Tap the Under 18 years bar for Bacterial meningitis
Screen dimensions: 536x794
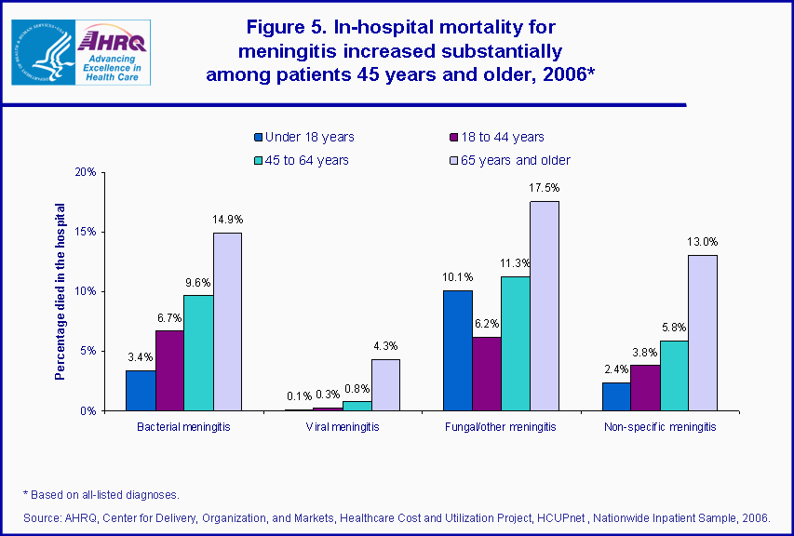141,390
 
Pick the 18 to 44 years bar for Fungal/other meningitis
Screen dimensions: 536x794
487,373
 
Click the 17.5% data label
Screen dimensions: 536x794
545,188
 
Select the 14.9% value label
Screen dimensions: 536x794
227,220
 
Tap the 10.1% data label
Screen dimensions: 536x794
457,276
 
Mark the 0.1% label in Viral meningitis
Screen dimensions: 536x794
299,395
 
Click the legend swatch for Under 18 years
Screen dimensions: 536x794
258,138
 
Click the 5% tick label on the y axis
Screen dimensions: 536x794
87,351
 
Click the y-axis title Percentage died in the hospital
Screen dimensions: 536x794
61,291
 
